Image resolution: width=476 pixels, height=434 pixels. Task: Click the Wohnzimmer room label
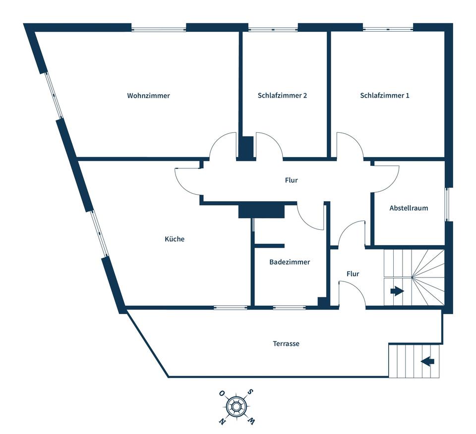click(x=148, y=96)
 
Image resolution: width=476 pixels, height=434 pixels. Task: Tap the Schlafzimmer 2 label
click(x=282, y=96)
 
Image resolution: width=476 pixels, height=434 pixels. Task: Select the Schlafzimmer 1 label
click(x=385, y=96)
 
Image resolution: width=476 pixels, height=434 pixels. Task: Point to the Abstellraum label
click(x=409, y=208)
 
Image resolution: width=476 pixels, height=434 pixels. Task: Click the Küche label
click(x=175, y=239)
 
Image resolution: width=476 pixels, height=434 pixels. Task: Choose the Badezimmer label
click(x=290, y=262)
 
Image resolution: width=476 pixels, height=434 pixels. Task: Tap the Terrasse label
click(x=286, y=344)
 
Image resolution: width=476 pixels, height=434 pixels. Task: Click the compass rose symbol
click(x=237, y=407)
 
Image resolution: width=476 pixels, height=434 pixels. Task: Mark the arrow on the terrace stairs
click(x=427, y=361)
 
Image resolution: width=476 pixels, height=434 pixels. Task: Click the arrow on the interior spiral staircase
click(x=397, y=291)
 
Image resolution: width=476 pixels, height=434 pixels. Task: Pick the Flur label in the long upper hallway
click(x=292, y=180)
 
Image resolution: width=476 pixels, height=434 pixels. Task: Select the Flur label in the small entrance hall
click(x=353, y=274)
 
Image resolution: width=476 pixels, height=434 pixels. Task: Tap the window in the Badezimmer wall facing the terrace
click(x=289, y=308)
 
